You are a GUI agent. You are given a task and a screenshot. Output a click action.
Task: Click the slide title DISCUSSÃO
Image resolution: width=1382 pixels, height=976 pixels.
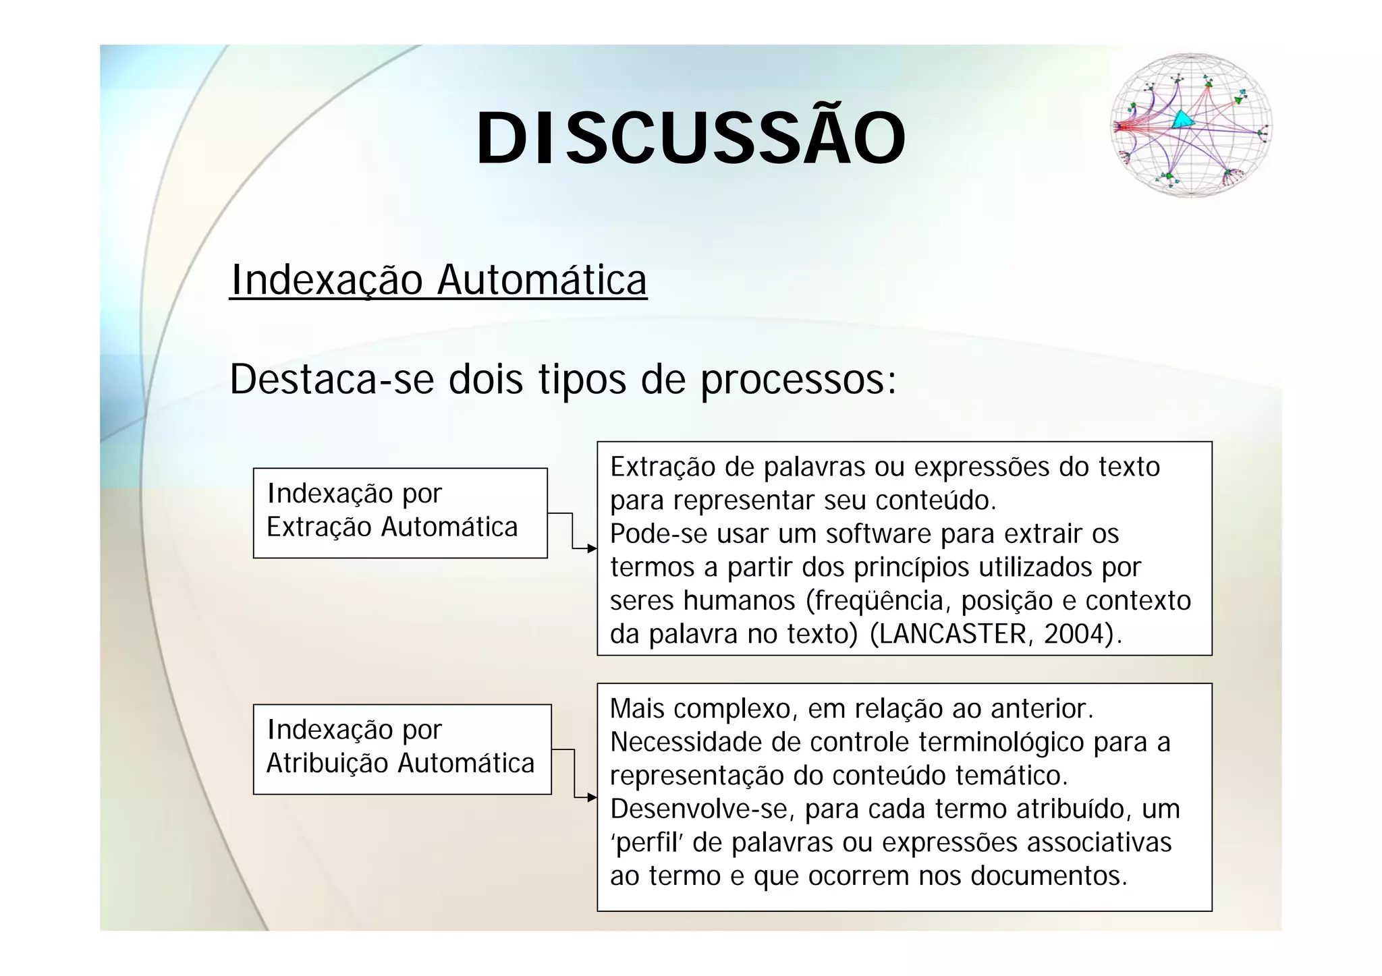691,138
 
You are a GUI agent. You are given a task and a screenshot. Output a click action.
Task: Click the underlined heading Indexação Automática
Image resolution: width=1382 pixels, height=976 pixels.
439,280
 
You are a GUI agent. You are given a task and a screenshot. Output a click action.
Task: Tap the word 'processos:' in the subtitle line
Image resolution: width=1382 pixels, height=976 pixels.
798,380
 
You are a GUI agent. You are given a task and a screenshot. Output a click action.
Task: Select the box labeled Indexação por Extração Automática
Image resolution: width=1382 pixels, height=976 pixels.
400,513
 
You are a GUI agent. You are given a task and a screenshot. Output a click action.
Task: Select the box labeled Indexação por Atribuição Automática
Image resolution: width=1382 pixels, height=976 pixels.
402,749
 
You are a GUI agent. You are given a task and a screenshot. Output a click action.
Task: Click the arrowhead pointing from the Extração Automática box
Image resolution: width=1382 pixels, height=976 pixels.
592,548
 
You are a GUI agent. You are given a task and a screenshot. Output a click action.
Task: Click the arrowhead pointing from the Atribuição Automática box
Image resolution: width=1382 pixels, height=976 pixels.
592,797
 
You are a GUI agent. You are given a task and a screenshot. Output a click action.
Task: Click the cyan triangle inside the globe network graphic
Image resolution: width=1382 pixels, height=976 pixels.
1181,120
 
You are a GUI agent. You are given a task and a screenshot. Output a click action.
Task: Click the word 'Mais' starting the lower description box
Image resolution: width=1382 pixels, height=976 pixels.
637,709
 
